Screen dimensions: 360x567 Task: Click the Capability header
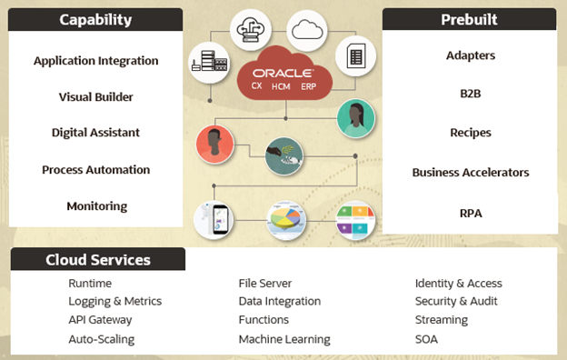tap(95, 19)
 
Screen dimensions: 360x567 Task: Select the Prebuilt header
tap(470, 19)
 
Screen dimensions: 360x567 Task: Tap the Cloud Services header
tap(98, 260)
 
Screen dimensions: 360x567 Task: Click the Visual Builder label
tap(95, 96)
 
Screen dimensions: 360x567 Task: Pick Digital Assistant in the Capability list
tap(95, 133)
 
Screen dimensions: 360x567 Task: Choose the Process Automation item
tap(95, 170)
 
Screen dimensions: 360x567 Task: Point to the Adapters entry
tap(470, 55)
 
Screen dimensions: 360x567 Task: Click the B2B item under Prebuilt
tap(470, 94)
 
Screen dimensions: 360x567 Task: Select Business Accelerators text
tap(470, 173)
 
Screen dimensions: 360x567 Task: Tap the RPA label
tap(470, 214)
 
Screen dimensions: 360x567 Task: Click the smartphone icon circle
tap(214, 219)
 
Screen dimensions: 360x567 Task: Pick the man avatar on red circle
tap(214, 144)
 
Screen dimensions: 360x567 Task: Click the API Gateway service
tap(100, 320)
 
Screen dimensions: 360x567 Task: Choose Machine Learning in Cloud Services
tap(284, 339)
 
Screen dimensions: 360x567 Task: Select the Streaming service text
tap(442, 320)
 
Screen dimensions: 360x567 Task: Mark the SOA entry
tap(426, 339)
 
